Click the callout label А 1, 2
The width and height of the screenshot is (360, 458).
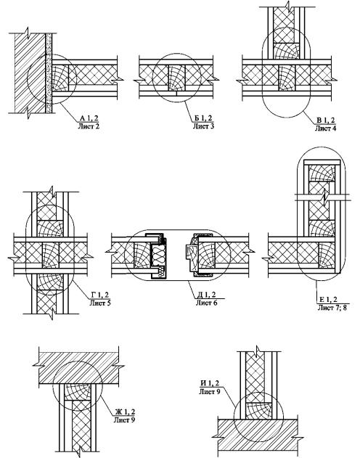pyautogui.click(x=89, y=118)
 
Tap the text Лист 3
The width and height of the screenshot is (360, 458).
pyautogui.click(x=203, y=126)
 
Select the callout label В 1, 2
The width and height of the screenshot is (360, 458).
pyautogui.click(x=326, y=120)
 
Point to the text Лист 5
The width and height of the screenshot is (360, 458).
pyautogui.click(x=100, y=303)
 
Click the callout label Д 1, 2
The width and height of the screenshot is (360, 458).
pyautogui.click(x=206, y=295)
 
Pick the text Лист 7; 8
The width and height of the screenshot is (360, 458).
pyautogui.click(x=332, y=307)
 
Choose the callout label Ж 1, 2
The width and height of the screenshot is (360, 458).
pyautogui.click(x=125, y=412)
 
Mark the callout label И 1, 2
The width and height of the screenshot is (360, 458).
pyautogui.click(x=210, y=383)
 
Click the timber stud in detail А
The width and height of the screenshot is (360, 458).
pyautogui.click(x=60, y=78)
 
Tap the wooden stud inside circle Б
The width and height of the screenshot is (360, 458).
pyautogui.click(x=177, y=78)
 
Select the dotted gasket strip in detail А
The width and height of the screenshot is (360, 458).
pyautogui.click(x=49, y=73)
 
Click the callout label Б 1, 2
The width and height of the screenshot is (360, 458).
pyautogui.click(x=203, y=118)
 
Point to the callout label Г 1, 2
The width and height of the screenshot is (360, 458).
pyautogui.click(x=100, y=295)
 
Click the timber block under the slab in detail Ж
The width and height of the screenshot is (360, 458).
pyautogui.click(x=78, y=392)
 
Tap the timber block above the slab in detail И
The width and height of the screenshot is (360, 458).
pyautogui.click(x=258, y=411)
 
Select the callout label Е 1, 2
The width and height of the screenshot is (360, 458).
pyautogui.click(x=329, y=299)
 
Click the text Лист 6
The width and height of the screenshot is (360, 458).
pyautogui.click(x=206, y=303)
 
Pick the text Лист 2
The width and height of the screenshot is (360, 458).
pyautogui.click(x=89, y=126)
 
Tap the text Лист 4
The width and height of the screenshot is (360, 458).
pyautogui.click(x=326, y=128)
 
